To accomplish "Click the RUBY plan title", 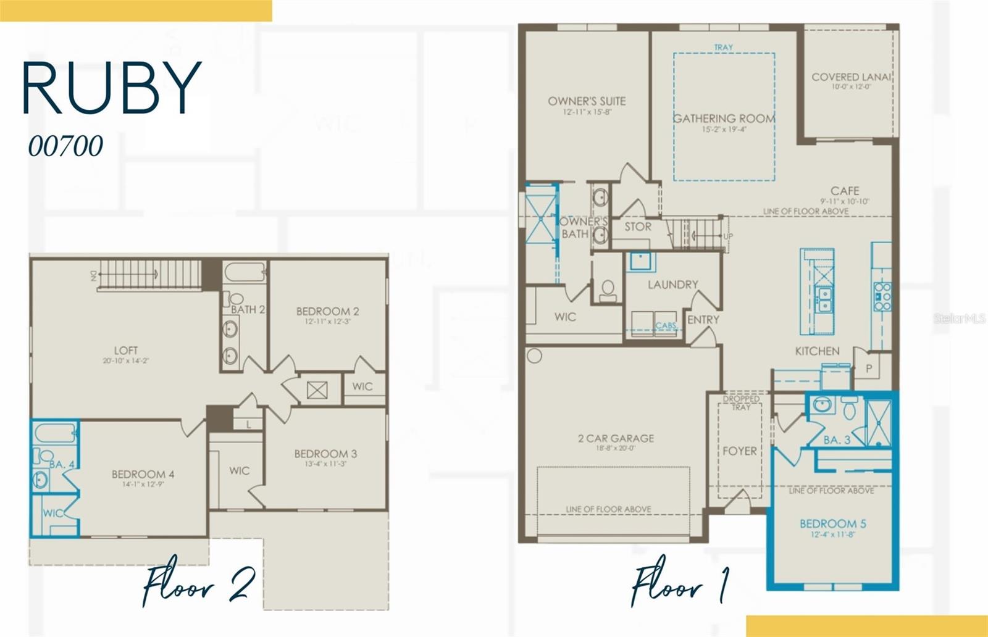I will click(112, 88).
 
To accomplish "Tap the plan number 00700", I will click(65, 146).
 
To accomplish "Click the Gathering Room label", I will click(724, 119).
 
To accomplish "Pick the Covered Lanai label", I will click(850, 77).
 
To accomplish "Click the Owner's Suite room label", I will click(587, 101).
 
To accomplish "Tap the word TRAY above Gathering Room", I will click(723, 48).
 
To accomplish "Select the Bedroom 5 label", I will click(832, 523).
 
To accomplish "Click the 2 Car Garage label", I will click(616, 438).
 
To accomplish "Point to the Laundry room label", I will click(672, 285).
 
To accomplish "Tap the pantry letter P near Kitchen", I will click(869, 369).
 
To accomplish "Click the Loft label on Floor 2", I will click(125, 350).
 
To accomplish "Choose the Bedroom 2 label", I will click(327, 311).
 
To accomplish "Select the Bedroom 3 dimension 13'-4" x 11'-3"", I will click(325, 464).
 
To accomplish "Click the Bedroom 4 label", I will click(143, 474).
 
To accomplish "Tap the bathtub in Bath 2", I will click(245, 272).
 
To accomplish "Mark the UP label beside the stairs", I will click(728, 236).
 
